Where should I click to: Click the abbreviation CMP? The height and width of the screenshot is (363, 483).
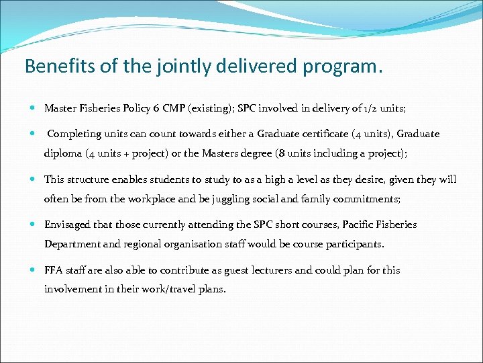(x=176, y=108)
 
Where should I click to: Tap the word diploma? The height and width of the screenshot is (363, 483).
(x=63, y=153)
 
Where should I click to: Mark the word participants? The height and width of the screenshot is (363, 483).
(x=356, y=244)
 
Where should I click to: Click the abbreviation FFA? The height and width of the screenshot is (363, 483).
(x=54, y=270)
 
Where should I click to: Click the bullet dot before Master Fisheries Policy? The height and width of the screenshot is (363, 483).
(x=34, y=108)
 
